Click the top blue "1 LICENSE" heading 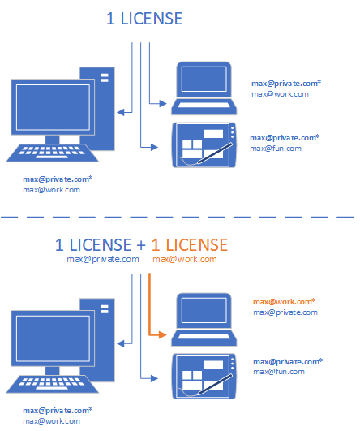point(144,19)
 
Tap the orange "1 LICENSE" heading point(190,244)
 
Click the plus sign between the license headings point(141,245)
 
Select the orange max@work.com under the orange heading point(185,259)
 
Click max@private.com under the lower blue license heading point(103,259)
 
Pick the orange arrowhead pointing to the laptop point(163,334)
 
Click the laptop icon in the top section point(204,88)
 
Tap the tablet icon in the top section point(204,144)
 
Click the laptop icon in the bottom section point(204,320)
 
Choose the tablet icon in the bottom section point(204,376)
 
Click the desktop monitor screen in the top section point(53,107)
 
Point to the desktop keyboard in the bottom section point(52,384)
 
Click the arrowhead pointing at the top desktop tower point(121,112)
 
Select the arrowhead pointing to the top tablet point(154,147)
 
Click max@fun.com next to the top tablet point(276,149)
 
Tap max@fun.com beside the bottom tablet point(279,372)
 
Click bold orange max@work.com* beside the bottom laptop point(284,301)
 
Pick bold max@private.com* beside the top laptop point(286,84)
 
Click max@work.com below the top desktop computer point(51,190)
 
